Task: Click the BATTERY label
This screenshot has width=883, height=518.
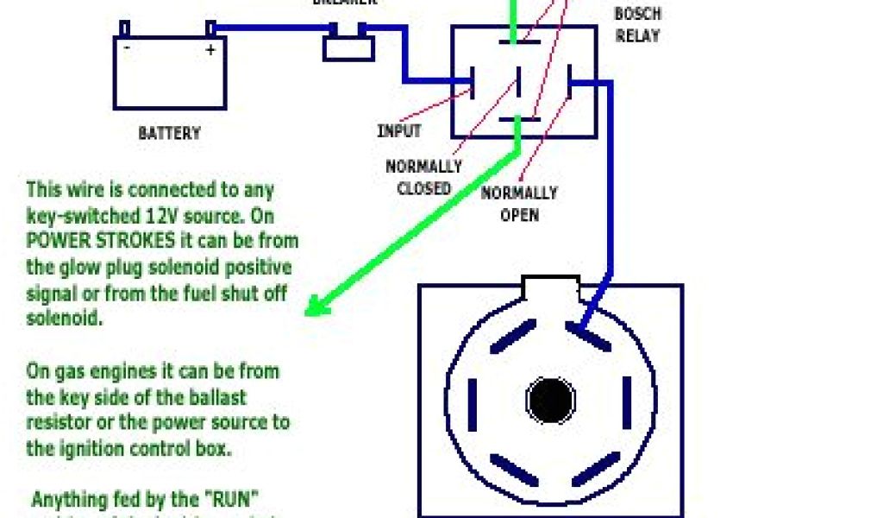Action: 169,134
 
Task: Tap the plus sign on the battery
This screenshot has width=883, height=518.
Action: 209,50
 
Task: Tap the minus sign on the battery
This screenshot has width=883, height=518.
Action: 127,49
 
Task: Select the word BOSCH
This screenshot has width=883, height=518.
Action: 638,15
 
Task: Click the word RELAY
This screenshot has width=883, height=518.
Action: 638,36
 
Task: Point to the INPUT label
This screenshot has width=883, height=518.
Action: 399,131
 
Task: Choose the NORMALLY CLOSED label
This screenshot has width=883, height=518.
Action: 423,177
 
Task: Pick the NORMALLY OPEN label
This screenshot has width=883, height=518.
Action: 519,203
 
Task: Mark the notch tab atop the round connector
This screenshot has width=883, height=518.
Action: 552,287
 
